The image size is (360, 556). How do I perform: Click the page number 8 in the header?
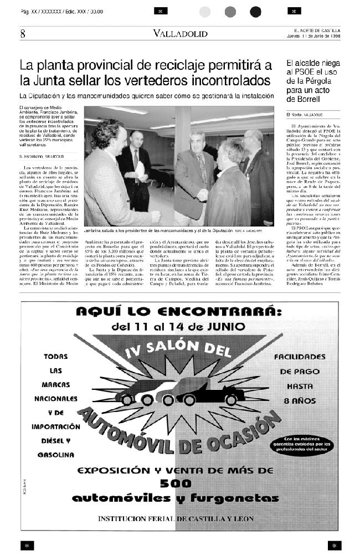click(23, 34)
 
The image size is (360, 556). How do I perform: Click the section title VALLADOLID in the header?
click(181, 34)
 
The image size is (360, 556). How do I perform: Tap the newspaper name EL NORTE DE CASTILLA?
click(317, 30)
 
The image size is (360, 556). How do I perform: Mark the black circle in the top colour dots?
click(255, 12)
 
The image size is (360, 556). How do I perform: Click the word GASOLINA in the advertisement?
click(56, 455)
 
